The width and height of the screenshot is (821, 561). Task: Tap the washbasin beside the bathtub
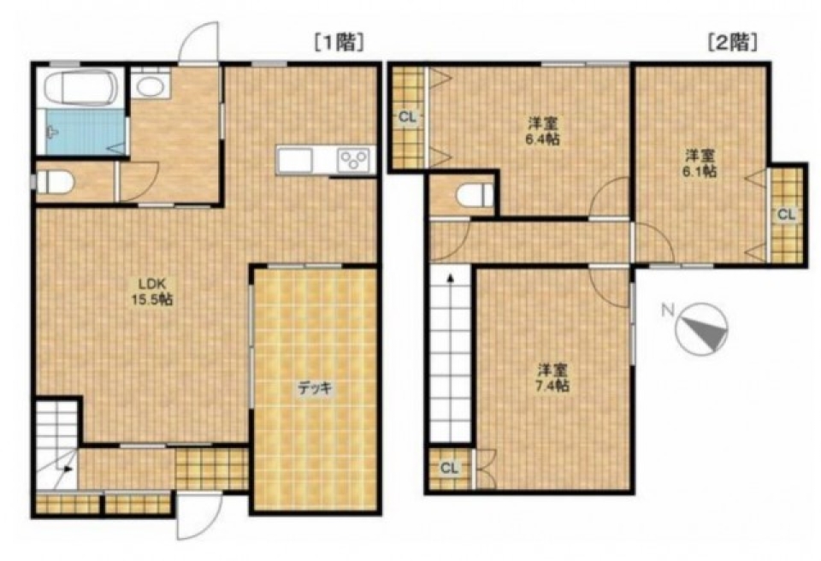tap(151, 86)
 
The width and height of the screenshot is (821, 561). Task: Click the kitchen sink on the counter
tap(295, 159)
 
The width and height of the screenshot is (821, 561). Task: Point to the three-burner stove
tap(354, 159)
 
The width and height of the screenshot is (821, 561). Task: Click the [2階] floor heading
tap(733, 42)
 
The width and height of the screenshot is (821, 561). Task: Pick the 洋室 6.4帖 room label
tap(542, 131)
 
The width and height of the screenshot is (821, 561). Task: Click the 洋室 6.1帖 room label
tap(700, 162)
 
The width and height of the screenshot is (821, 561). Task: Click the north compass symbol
tap(701, 329)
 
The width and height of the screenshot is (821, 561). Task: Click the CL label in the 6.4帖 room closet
tap(408, 118)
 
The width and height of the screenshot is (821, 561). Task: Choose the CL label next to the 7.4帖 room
tap(450, 468)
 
